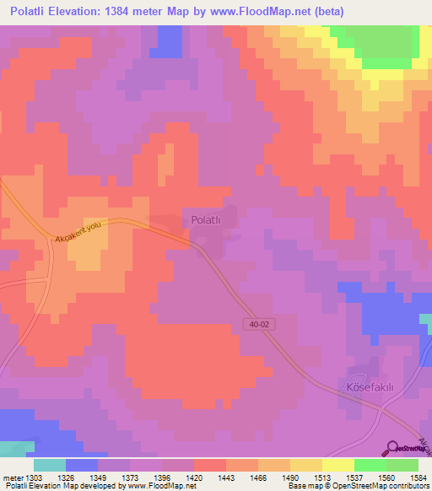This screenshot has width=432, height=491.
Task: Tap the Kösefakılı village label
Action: click(x=371, y=386)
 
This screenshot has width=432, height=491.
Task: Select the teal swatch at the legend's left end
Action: click(x=50, y=465)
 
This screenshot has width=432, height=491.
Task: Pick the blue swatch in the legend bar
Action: click(x=82, y=465)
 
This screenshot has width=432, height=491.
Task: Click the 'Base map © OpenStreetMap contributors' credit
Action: click(x=358, y=486)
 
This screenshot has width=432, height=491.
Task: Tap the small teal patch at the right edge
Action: click(x=427, y=321)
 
